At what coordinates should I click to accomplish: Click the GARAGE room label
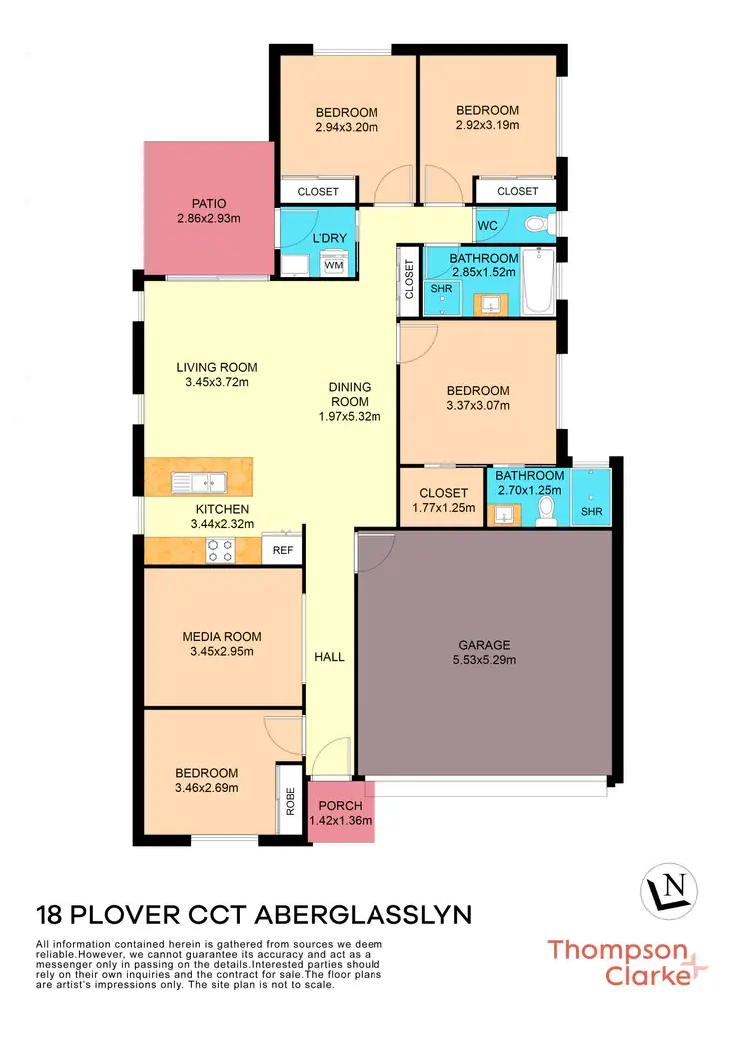(485, 644)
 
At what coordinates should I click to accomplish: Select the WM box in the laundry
(333, 264)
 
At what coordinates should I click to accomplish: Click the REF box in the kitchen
(282, 550)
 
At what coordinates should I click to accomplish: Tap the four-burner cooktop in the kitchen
(219, 550)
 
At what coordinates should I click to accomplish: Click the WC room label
(488, 225)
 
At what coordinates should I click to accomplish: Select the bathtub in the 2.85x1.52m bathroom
(538, 282)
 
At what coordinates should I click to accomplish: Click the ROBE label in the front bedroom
(290, 798)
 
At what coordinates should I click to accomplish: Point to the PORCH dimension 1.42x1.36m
(340, 821)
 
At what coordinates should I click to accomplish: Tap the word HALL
(329, 657)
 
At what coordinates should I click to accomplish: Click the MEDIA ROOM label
(221, 636)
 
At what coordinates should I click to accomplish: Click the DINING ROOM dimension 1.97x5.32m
(349, 417)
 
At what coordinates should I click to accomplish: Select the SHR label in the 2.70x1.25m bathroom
(592, 513)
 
